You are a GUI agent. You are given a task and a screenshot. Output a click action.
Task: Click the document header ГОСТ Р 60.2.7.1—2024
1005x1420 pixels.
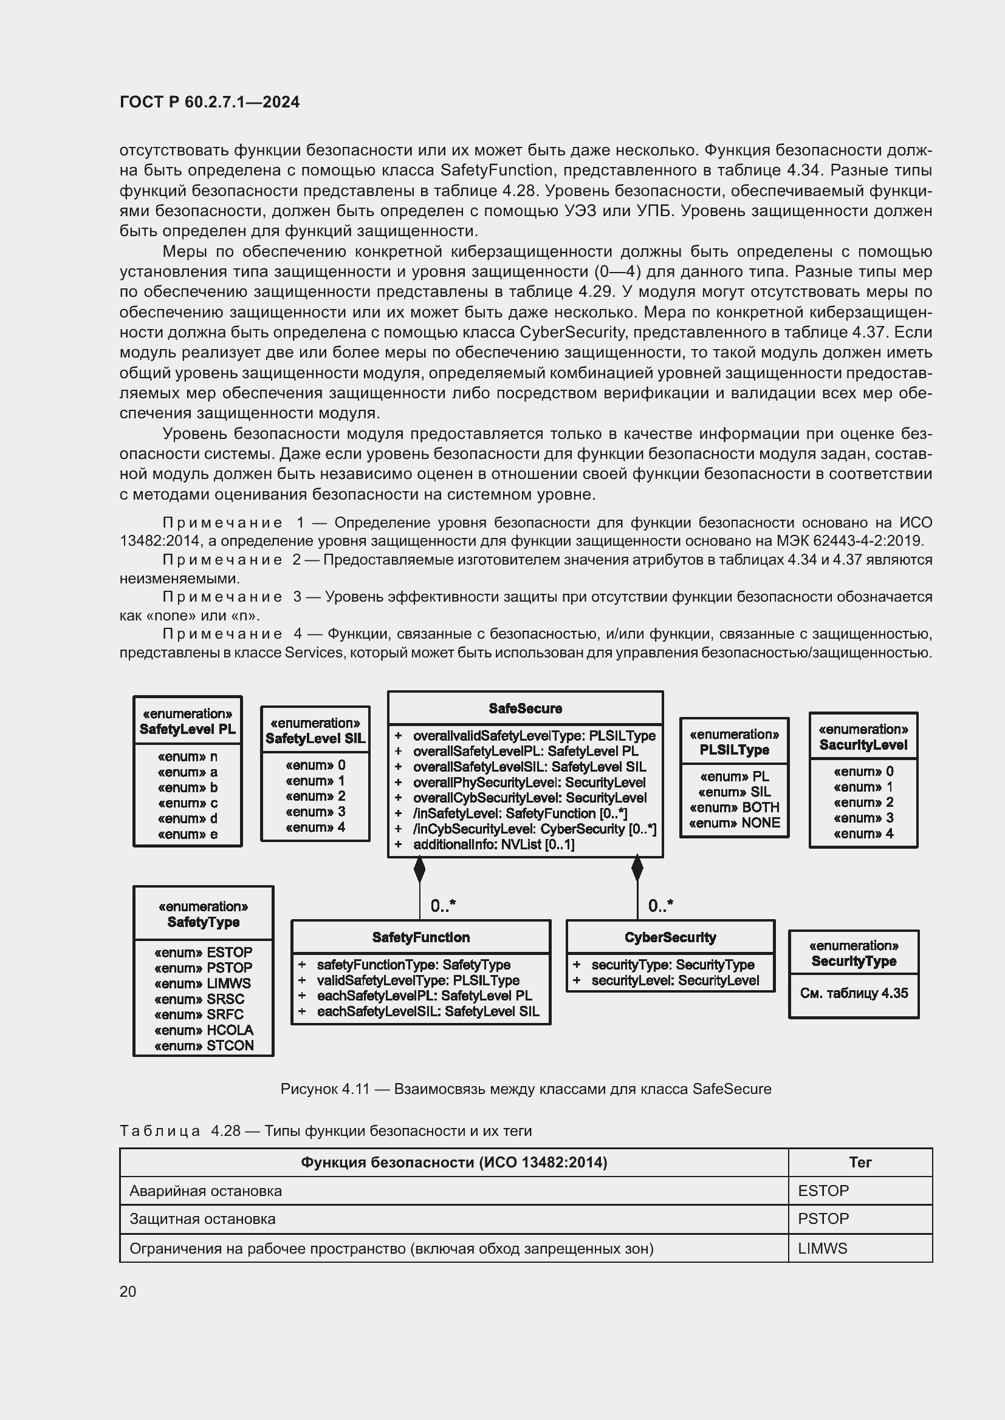[x=209, y=102]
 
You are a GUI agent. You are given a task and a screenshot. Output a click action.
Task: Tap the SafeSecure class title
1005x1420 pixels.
[x=525, y=708]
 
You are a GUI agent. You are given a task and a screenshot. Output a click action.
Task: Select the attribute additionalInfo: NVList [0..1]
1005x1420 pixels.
[x=493, y=845]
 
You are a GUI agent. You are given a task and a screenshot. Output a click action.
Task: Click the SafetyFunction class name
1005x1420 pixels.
[x=421, y=937]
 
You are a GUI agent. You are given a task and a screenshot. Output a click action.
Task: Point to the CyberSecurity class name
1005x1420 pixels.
[x=670, y=937]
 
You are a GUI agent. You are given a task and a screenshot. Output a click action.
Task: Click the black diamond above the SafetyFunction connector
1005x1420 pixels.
[x=420, y=869]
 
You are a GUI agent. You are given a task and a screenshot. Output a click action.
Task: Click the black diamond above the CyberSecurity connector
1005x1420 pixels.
[x=637, y=869]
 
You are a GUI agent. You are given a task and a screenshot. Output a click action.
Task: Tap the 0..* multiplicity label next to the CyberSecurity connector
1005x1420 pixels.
[x=660, y=906]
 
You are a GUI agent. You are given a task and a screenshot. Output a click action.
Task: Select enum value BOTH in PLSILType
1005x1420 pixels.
[x=734, y=807]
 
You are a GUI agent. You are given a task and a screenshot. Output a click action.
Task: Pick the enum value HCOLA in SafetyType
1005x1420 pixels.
[x=204, y=1030]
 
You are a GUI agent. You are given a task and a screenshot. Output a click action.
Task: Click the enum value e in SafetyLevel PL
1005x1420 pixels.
[x=188, y=834]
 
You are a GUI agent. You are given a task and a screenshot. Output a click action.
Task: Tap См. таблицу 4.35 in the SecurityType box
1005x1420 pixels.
[x=853, y=993]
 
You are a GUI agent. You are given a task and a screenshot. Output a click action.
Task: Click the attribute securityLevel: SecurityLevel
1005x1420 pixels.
[x=674, y=980]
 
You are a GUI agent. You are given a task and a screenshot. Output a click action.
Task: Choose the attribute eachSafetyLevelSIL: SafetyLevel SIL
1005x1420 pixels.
[x=428, y=1011]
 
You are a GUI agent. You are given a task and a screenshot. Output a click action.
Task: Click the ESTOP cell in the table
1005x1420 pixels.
[x=823, y=1191]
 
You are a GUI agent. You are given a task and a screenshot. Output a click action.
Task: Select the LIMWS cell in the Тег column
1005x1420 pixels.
[x=822, y=1248]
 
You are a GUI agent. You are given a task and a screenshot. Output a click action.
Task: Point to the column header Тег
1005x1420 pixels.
[x=860, y=1162]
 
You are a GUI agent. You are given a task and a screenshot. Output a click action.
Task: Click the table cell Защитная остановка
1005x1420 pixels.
[x=202, y=1219]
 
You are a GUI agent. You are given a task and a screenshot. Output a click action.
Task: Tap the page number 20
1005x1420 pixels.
[x=128, y=1291]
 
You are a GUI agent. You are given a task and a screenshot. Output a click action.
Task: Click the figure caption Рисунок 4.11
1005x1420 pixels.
[x=526, y=1089]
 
